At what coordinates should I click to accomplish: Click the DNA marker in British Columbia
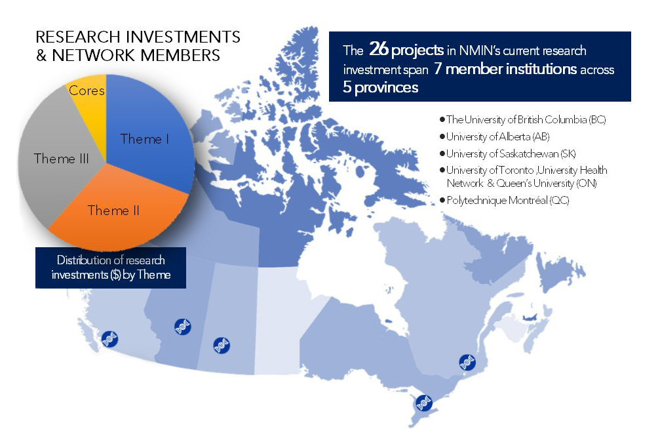click(x=110, y=339)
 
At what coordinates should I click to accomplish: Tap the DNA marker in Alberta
click(x=183, y=327)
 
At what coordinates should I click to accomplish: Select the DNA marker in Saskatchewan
click(x=222, y=346)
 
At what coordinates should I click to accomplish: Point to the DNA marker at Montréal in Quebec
click(x=467, y=363)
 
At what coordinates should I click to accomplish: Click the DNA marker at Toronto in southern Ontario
click(x=424, y=403)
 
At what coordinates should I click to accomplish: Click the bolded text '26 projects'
click(x=406, y=50)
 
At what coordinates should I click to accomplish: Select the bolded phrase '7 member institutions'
click(x=505, y=69)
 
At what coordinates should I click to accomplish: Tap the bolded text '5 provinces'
click(x=381, y=87)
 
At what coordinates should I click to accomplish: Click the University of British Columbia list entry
click(x=522, y=119)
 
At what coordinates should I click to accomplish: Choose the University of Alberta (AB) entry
click(x=495, y=136)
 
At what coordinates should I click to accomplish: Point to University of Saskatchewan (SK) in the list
click(x=508, y=154)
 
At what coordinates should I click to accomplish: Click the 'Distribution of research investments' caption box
click(x=111, y=268)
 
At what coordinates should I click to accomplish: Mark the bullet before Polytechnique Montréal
click(x=442, y=200)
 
